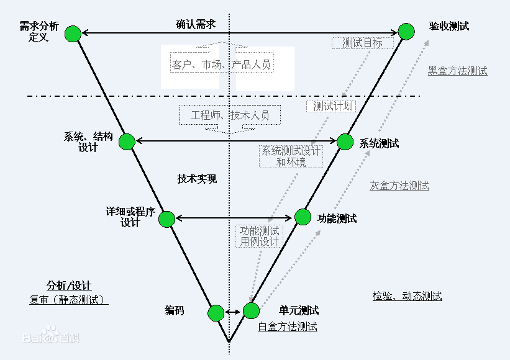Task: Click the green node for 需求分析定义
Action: (73, 34)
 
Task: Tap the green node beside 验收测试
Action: (406, 32)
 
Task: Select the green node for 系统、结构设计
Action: (127, 142)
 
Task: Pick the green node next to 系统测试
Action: (345, 142)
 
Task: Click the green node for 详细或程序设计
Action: (167, 219)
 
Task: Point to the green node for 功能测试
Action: (303, 217)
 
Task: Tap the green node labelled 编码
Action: (216, 313)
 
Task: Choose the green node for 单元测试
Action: (251, 310)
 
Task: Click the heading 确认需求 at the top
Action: (196, 24)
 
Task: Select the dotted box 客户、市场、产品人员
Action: (222, 63)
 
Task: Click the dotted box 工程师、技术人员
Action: (230, 115)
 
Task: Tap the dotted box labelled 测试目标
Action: (363, 43)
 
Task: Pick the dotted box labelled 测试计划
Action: (331, 106)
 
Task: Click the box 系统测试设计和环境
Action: (291, 156)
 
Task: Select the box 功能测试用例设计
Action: (260, 236)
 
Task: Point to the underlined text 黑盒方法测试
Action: (458, 71)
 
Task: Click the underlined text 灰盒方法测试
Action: (399, 186)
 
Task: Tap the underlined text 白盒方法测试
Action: (288, 326)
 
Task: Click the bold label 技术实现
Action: (197, 179)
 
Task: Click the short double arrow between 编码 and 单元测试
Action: (233, 312)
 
